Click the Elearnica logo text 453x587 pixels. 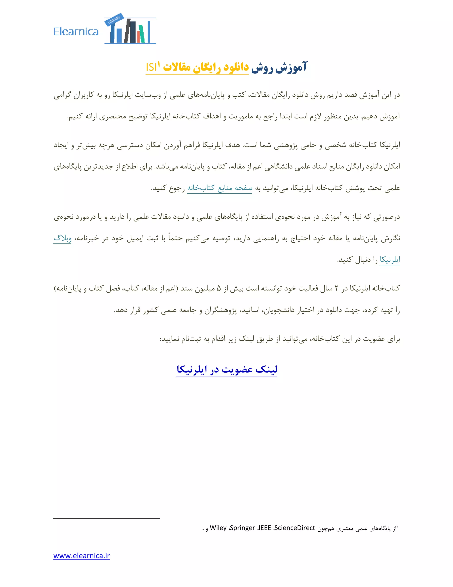click(x=76, y=32)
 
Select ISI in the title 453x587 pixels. click(x=151, y=67)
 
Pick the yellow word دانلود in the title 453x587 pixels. click(x=236, y=67)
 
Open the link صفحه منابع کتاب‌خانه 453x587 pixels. click(x=219, y=188)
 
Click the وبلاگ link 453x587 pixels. click(x=63, y=238)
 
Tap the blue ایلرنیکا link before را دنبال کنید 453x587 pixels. click(x=390, y=260)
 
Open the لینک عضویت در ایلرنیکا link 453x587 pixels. click(x=226, y=369)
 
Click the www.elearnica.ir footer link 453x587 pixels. click(x=82, y=556)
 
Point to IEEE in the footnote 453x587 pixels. click(x=264, y=528)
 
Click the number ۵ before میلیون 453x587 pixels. click(x=219, y=288)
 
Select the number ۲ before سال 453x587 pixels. click(x=336, y=288)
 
